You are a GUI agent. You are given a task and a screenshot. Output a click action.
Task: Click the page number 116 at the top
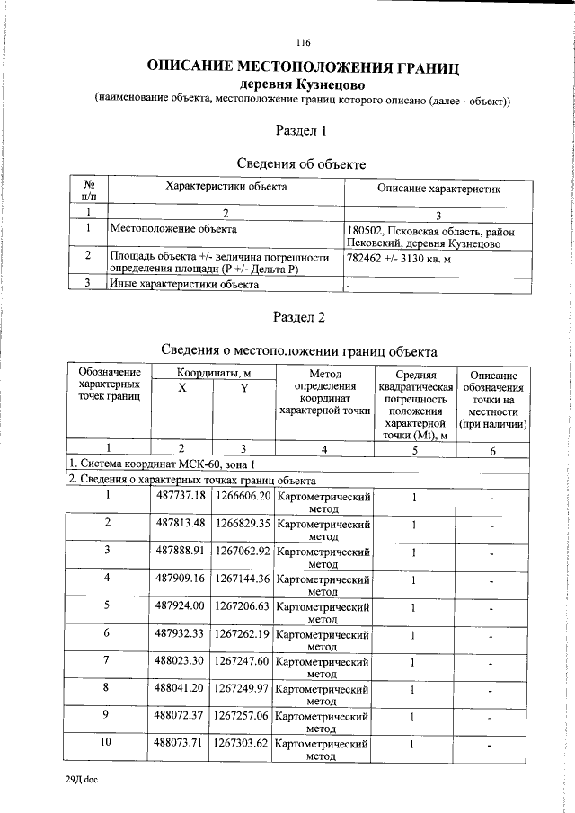tap(303, 42)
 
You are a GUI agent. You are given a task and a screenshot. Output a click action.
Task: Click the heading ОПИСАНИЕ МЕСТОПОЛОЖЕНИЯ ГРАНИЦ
tap(303, 67)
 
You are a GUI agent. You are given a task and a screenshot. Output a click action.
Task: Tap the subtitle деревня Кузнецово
tap(303, 84)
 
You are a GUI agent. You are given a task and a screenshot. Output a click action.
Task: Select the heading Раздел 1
tap(303, 131)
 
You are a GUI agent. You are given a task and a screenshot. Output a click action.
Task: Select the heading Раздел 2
tap(303, 317)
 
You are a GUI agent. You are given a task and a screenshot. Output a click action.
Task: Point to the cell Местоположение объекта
tap(166, 229)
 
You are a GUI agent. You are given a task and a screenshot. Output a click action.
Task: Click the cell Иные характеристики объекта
tap(184, 284)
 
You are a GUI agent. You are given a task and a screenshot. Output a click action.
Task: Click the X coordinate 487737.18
tap(181, 496)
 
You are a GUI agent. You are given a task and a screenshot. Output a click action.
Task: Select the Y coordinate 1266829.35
tap(242, 523)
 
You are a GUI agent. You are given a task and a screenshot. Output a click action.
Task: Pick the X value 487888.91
tap(181, 550)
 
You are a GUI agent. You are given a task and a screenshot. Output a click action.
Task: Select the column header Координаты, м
tap(212, 372)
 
